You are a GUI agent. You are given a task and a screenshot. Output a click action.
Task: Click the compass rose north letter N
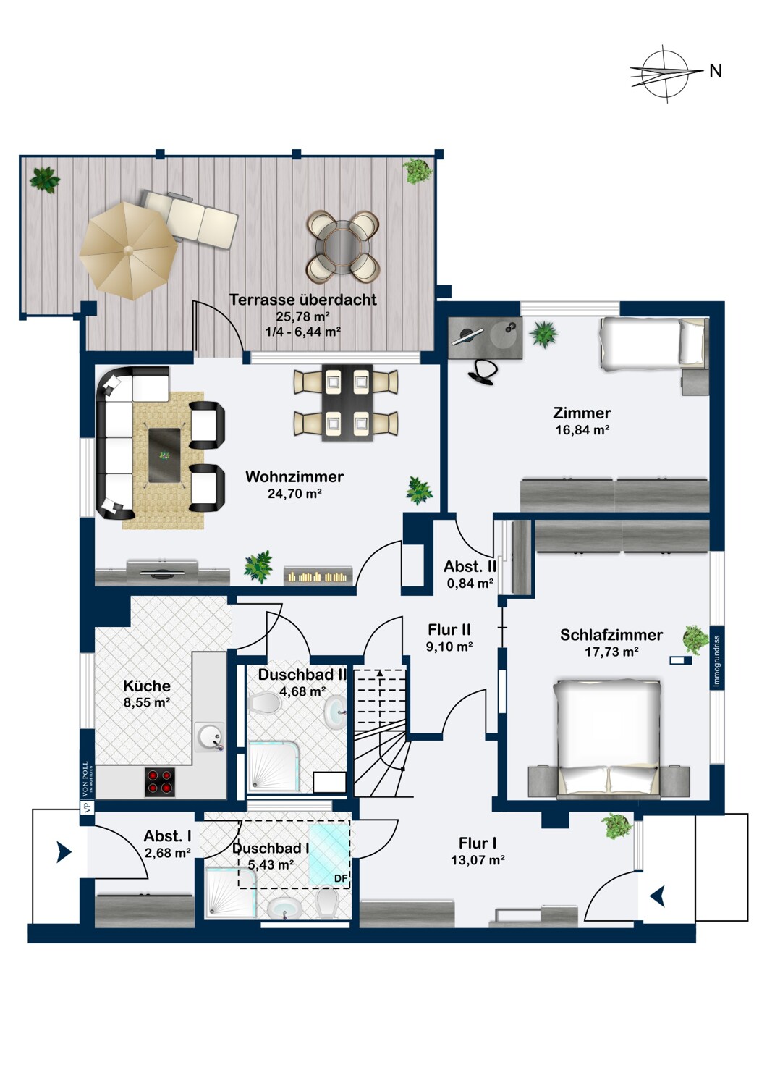[x=715, y=71]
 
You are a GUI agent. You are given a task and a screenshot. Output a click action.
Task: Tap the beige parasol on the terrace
[x=129, y=251]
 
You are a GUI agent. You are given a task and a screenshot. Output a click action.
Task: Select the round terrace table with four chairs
[x=342, y=247]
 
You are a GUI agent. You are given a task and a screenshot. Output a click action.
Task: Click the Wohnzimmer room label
[x=294, y=476]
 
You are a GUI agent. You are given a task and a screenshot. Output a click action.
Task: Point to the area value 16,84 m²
[x=582, y=430]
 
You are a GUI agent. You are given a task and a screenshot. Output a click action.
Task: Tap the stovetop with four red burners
[x=160, y=782]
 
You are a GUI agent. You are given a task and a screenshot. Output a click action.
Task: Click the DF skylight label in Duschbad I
[x=341, y=878]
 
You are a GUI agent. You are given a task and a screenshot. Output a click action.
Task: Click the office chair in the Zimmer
[x=482, y=371]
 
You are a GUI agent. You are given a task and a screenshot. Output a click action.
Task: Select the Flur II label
[x=449, y=630]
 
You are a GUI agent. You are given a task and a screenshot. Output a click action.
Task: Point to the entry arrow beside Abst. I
[x=64, y=852]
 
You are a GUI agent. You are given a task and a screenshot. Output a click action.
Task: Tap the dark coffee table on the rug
[x=164, y=455]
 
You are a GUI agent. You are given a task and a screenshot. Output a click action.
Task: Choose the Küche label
[x=147, y=686]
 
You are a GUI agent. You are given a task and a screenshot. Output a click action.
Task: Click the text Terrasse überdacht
[x=303, y=300]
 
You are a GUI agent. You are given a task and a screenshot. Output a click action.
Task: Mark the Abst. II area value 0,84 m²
[x=470, y=584]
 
